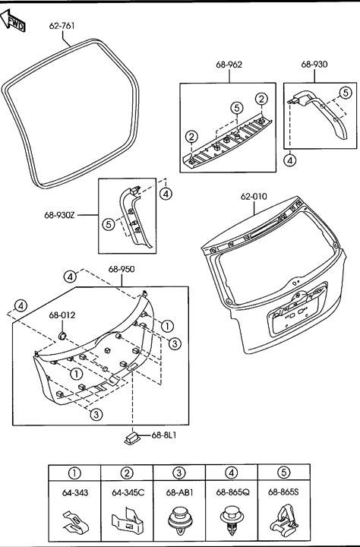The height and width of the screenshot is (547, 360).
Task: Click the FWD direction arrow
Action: [13, 21]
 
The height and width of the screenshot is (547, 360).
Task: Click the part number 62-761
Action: [62, 26]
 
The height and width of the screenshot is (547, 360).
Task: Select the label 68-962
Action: [229, 65]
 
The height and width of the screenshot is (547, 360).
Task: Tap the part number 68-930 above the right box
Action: [314, 64]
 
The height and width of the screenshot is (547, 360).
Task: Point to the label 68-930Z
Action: [59, 215]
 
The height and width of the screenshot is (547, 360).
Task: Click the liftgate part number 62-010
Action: [254, 197]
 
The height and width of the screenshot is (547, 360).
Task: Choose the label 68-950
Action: [122, 269]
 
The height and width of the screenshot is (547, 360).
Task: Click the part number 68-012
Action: [62, 315]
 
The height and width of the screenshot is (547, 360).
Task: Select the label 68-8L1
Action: [164, 435]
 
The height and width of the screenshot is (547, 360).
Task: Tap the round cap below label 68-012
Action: [62, 336]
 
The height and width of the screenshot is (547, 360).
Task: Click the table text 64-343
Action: [75, 492]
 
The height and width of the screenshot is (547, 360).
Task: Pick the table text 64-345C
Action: [128, 492]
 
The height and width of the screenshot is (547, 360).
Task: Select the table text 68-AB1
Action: [179, 492]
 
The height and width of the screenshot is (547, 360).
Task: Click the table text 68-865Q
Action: [232, 492]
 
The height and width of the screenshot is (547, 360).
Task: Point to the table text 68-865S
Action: [283, 492]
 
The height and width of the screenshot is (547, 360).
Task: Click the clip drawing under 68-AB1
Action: [180, 521]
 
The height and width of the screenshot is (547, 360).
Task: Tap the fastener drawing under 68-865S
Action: [284, 520]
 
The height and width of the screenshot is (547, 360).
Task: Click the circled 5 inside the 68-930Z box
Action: [109, 224]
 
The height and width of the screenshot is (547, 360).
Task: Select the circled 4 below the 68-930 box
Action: [290, 160]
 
